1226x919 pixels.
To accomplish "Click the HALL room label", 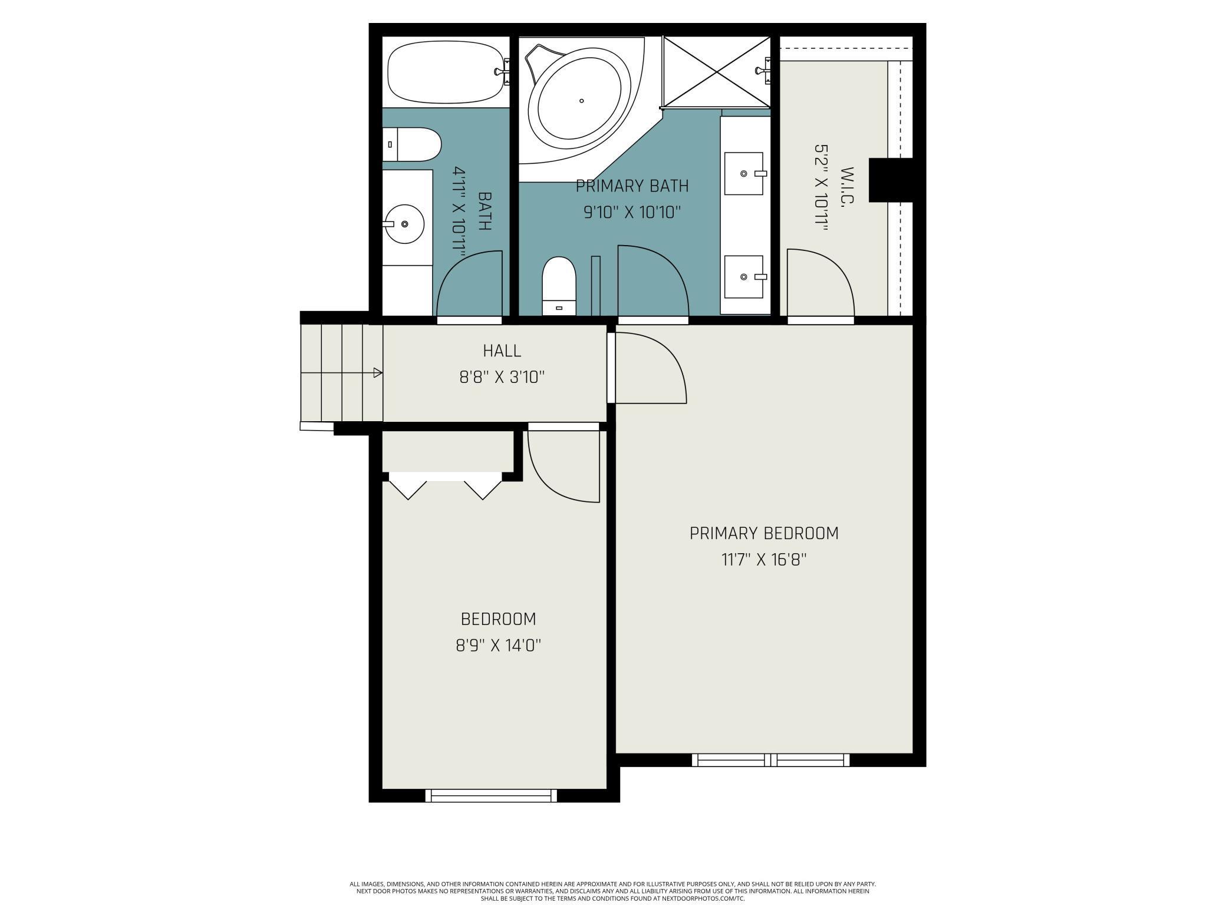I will tap(502, 351).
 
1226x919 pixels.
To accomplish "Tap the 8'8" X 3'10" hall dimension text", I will tap(502, 377).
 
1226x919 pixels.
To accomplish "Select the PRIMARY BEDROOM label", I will tap(764, 533).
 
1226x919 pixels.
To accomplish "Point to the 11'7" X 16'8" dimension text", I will tap(764, 559).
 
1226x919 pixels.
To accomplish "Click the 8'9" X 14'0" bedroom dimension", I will tap(498, 646).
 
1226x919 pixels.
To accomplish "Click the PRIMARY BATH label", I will tap(632, 186).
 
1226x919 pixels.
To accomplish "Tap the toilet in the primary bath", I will tap(558, 286).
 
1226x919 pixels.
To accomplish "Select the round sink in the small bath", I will tap(405, 224).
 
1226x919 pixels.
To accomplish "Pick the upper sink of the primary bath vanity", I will tap(744, 174).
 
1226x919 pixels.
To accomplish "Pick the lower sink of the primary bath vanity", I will tap(744, 277).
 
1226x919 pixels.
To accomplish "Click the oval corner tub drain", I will tap(581, 101).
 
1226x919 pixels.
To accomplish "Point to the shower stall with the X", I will tap(716, 72).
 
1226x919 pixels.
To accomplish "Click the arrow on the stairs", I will tap(378, 373).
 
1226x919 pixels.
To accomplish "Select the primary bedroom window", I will tap(770, 760).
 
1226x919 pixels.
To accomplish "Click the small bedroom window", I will tap(491, 796).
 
